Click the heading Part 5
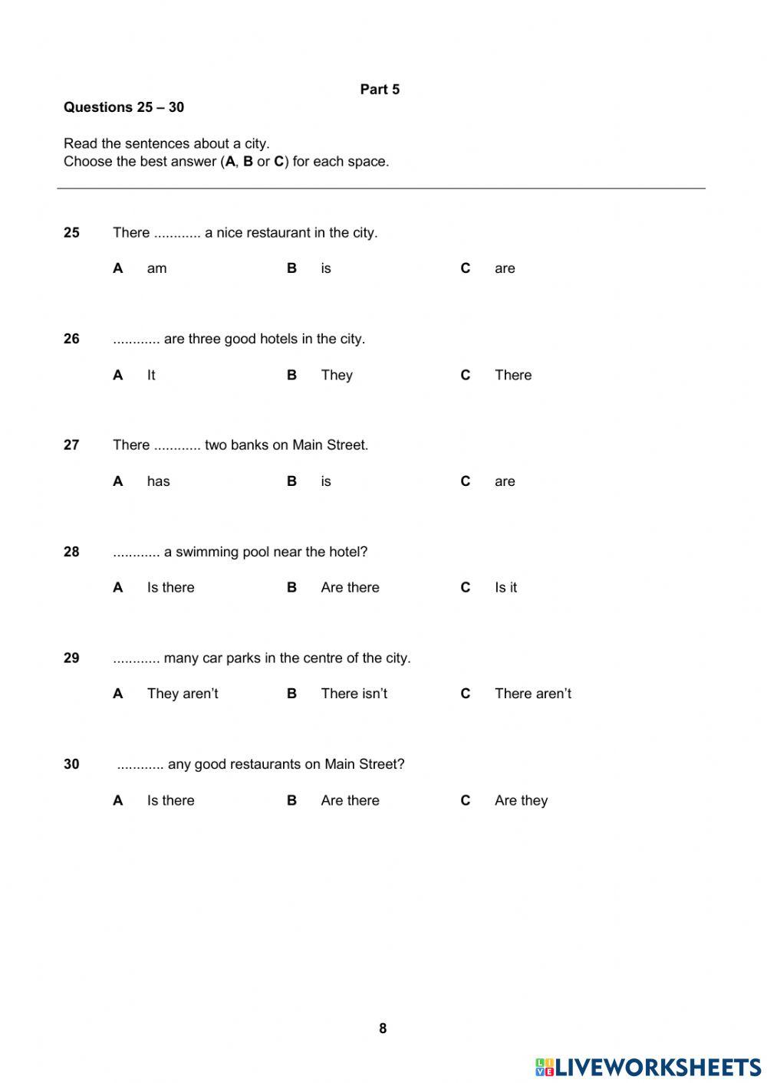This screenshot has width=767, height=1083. tap(380, 90)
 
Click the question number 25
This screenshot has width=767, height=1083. tap(71, 233)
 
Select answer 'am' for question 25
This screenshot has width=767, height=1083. tap(156, 268)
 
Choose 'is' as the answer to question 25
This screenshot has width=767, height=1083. tap(326, 268)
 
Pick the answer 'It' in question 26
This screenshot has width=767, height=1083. tap(151, 375)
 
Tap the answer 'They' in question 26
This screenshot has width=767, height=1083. tap(337, 375)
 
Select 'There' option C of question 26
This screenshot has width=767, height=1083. tap(513, 375)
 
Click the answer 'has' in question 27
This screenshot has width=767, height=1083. tap(158, 481)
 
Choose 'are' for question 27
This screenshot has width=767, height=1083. tap(505, 481)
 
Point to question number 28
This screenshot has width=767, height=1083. tap(71, 552)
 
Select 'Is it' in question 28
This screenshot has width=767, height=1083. tap(505, 588)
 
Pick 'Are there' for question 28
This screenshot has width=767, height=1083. tap(350, 588)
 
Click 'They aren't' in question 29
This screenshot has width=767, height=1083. tap(183, 694)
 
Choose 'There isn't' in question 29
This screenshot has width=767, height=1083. tap(354, 694)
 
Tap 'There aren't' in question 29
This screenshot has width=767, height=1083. tap(533, 694)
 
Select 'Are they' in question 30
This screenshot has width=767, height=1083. tap(521, 801)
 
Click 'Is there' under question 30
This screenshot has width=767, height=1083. tap(170, 801)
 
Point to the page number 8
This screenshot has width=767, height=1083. tap(383, 1029)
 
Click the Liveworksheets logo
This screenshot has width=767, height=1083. tap(648, 1067)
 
